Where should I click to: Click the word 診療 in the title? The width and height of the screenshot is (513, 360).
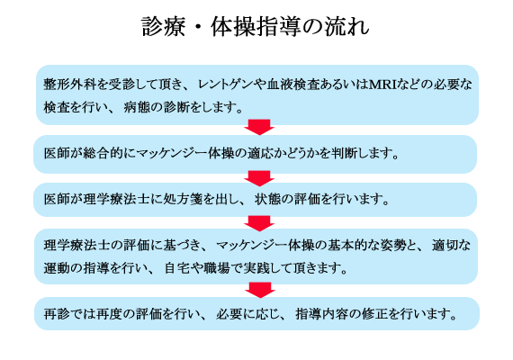pos(164,26)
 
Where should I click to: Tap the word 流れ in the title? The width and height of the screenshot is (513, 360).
pos(346,26)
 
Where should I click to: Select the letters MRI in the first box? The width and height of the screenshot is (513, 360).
pos(382,85)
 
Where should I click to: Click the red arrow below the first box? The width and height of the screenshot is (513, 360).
pos(259,127)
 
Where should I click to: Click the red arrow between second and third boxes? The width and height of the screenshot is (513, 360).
pos(259,178)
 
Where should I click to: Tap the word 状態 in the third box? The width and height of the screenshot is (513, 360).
pos(267,199)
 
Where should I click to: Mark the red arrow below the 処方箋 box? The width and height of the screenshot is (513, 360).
pos(259,223)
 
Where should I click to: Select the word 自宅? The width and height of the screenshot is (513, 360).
pos(177,268)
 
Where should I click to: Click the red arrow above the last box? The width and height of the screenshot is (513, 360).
pos(260,290)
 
